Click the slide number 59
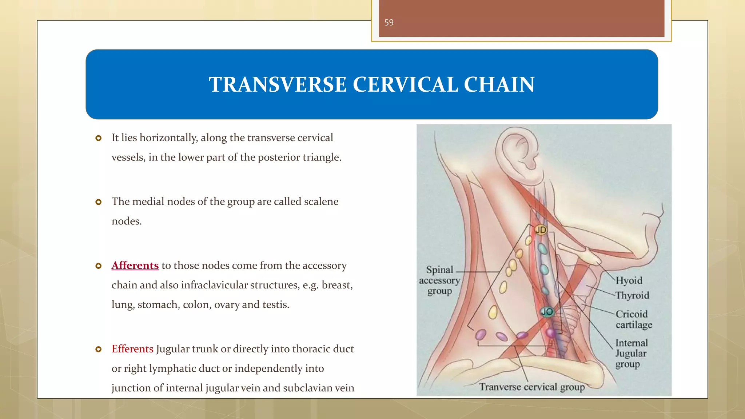click(389, 23)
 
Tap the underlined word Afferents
click(135, 266)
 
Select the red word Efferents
click(132, 349)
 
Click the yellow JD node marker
click(541, 230)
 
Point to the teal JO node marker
click(547, 312)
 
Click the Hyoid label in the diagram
click(629, 280)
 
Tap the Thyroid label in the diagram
click(632, 295)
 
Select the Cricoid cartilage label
click(633, 319)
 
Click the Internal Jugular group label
click(631, 353)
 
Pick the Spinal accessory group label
click(439, 280)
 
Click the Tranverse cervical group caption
click(531, 387)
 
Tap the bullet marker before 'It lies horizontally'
click(98, 138)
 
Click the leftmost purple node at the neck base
click(481, 334)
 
